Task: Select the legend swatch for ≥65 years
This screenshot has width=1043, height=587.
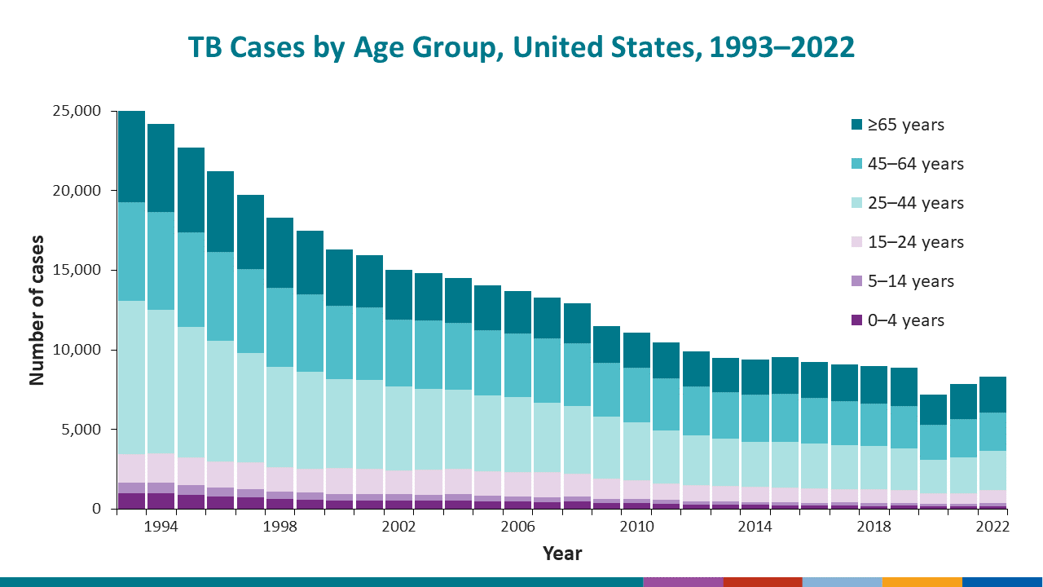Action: pos(856,125)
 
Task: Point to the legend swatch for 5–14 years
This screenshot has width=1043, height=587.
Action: pos(856,281)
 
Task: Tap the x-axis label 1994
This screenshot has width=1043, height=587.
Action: pos(161,527)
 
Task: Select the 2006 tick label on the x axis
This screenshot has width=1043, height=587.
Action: pos(517,527)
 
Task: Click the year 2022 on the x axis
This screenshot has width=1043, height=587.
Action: pos(992,527)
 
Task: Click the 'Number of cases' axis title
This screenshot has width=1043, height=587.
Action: pos(37,310)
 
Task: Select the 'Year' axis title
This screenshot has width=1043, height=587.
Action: pos(562,554)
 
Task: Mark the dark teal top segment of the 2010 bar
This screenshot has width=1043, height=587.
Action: pos(636,350)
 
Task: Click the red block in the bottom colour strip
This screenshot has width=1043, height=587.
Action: pos(762,581)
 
